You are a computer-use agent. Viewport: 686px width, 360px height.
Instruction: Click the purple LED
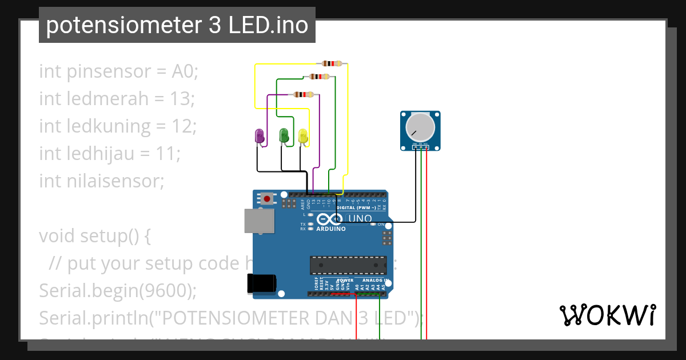[x=260, y=136]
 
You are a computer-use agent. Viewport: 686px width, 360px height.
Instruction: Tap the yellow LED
[x=303, y=136]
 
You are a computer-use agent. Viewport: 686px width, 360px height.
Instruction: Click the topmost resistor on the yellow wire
[x=332, y=63]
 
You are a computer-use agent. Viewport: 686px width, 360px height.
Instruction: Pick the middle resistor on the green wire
[x=318, y=77]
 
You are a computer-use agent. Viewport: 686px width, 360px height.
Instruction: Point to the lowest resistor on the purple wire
[x=303, y=94]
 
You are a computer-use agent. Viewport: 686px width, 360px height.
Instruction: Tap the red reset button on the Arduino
[x=266, y=199]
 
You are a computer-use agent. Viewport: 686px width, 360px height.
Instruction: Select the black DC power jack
[x=261, y=283]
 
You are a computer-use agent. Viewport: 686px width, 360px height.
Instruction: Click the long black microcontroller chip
[x=348, y=265]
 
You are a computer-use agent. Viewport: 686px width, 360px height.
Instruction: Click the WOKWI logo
[x=608, y=315]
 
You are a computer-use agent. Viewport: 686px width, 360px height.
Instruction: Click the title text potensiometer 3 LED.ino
[x=177, y=25]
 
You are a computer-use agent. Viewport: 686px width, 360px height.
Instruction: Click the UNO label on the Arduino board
[x=360, y=219]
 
